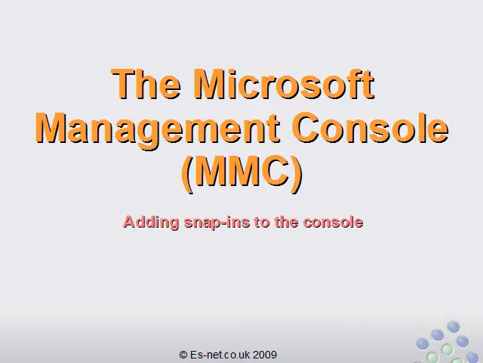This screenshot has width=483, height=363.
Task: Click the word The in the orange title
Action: tap(146, 83)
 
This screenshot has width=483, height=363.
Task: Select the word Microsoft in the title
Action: tap(285, 83)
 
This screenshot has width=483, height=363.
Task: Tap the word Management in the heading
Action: tap(158, 129)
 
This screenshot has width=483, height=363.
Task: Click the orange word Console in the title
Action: tap(370, 127)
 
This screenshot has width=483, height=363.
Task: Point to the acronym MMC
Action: tap(241, 171)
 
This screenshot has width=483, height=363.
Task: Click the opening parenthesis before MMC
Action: tap(187, 174)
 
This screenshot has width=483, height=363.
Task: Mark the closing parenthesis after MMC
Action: tap(297, 174)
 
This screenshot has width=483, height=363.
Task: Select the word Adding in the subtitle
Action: tap(151, 222)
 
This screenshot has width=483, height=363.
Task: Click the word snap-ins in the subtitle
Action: tap(217, 223)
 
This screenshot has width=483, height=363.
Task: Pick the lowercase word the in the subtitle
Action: tap(286, 222)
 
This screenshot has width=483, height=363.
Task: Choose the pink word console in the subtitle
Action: tap(333, 222)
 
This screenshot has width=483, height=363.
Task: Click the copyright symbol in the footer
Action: tap(183, 355)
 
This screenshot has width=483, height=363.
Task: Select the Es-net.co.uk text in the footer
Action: tap(220, 355)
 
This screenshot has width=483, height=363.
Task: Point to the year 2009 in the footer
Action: tap(265, 355)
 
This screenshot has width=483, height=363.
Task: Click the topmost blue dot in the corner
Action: tap(454, 327)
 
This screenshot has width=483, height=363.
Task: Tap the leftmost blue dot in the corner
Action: tap(423, 344)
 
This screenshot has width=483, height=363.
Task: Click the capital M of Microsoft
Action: tap(212, 83)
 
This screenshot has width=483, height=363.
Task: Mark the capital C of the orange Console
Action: tap(306, 127)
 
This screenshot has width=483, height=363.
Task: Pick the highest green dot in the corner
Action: tap(447, 349)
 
